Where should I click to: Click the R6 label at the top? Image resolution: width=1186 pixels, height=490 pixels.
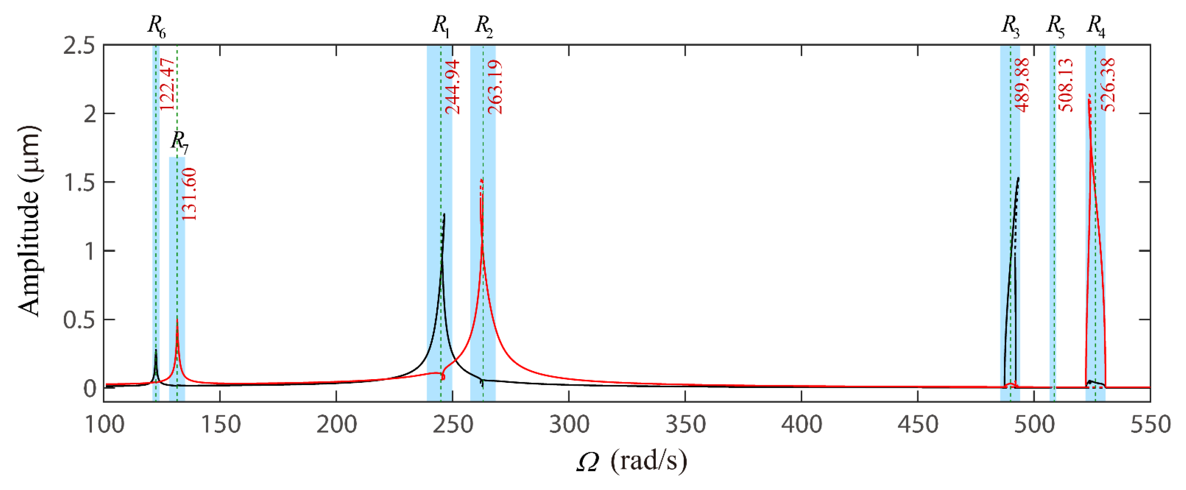click(x=157, y=26)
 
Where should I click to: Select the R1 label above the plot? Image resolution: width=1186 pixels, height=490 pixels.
click(x=441, y=26)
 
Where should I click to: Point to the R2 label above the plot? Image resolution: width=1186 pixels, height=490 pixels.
click(x=484, y=26)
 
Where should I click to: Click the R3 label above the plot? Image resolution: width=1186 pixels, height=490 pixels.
click(x=1010, y=26)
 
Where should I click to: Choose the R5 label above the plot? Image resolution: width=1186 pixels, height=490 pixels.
click(x=1055, y=26)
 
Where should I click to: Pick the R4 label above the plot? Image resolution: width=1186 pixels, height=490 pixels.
click(x=1096, y=26)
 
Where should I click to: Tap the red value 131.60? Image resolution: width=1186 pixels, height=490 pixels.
click(x=189, y=194)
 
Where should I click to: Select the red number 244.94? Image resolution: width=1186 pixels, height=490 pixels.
click(x=453, y=87)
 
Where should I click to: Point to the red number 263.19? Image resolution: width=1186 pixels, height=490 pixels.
click(x=495, y=87)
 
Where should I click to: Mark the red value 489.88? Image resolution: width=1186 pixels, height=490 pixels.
click(x=1022, y=85)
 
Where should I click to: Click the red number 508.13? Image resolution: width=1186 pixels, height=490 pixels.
click(x=1065, y=85)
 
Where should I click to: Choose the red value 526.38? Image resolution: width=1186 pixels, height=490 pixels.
click(x=1108, y=85)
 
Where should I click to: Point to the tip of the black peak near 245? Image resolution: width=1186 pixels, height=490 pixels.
click(x=444, y=214)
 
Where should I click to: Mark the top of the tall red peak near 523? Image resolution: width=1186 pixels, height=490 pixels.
click(x=1089, y=95)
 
